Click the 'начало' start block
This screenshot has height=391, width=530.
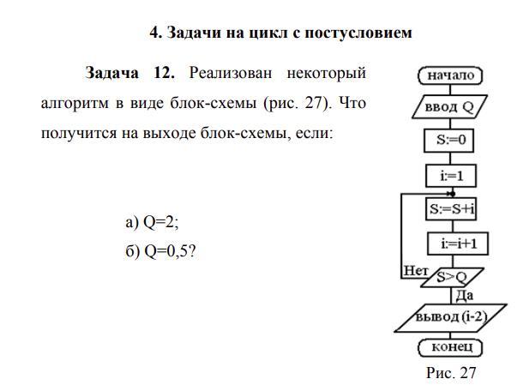(x=451, y=75)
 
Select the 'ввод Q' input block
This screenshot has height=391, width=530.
(x=451, y=108)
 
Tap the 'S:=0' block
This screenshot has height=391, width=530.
(x=451, y=141)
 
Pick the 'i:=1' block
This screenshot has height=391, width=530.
(x=451, y=176)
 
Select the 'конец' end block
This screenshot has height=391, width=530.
(x=451, y=348)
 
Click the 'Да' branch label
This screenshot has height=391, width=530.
(x=464, y=296)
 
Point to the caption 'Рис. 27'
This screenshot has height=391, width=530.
(x=451, y=373)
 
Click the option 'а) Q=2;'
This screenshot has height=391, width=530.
(x=152, y=223)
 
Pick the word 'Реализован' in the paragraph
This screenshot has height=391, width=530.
(x=234, y=73)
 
